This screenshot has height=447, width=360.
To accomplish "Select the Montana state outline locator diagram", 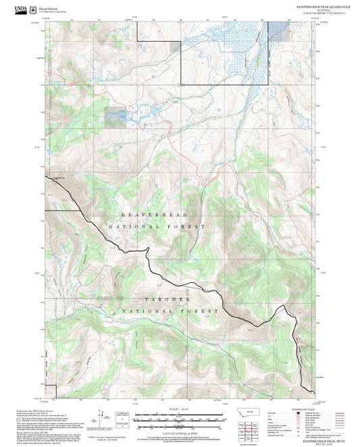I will coord(255,413).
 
